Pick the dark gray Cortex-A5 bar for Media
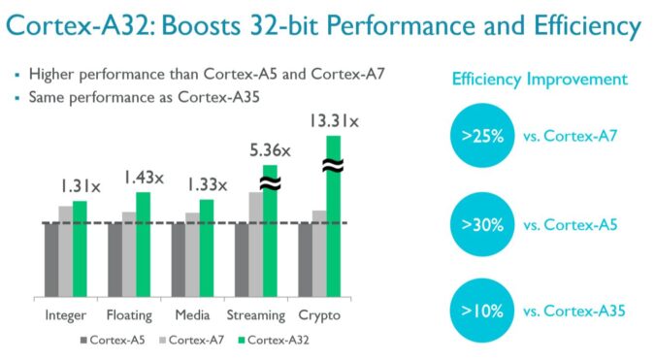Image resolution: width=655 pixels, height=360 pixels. (179, 260)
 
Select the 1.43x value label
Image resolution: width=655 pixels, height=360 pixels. (143, 178)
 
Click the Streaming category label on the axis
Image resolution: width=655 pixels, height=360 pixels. (256, 315)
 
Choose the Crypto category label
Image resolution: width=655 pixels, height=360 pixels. (319, 315)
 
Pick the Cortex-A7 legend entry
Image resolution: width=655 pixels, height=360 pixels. (198, 340)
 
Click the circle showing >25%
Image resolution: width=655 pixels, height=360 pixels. (482, 137)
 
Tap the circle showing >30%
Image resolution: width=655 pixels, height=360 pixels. (482, 224)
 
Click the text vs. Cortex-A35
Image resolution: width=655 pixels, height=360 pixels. (573, 311)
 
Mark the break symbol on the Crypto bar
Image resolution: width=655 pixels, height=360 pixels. (334, 166)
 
